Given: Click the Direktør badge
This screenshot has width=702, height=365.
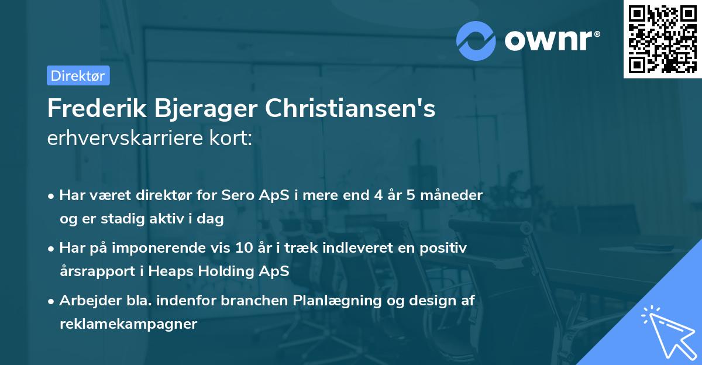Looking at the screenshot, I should [78, 75].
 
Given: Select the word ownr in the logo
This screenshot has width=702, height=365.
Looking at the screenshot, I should [552, 40].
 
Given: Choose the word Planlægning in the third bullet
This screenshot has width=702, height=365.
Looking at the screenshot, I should [339, 301].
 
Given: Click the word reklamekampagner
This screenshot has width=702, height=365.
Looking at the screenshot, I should [128, 324].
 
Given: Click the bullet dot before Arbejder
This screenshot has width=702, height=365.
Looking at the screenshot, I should [52, 301].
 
